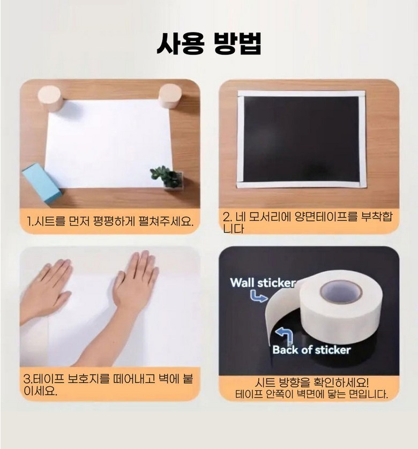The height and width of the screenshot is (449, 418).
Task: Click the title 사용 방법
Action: (x=209, y=43)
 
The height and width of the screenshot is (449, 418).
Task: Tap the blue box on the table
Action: (x=42, y=182)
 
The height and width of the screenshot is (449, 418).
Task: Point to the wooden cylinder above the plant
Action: (x=170, y=96)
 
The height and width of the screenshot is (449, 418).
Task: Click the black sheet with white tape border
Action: (x=301, y=139)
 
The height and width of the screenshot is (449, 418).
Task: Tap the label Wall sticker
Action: (x=263, y=282)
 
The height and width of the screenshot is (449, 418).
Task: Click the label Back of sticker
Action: (x=311, y=350)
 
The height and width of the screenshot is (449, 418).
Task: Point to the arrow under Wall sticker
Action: (x=258, y=296)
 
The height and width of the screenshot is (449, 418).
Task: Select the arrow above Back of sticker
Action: (x=285, y=335)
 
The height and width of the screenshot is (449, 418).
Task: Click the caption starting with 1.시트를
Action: (x=110, y=221)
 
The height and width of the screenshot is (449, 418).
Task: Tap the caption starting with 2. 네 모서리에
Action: (x=307, y=222)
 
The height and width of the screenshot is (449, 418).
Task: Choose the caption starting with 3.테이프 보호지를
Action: (x=108, y=385)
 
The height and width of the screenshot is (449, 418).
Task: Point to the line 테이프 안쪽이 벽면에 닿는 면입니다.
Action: (x=311, y=394)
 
